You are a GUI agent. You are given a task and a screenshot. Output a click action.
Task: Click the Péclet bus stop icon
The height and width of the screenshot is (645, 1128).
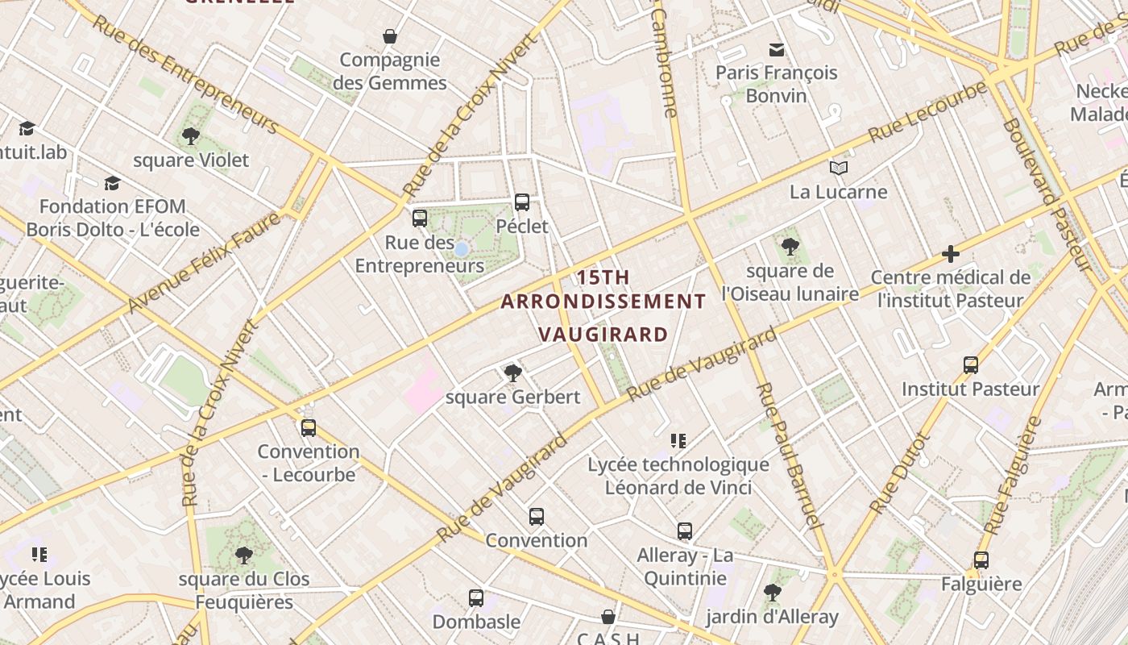(x=522, y=202)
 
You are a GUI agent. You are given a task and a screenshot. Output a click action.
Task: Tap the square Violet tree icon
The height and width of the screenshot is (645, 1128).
(x=191, y=136)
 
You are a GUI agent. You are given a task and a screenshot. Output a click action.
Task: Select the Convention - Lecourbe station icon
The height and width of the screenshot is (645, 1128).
(x=308, y=427)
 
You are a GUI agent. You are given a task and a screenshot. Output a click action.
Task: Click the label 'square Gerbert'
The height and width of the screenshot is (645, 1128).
(x=512, y=397)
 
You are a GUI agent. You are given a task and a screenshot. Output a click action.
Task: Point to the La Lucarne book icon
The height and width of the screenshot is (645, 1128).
(x=839, y=168)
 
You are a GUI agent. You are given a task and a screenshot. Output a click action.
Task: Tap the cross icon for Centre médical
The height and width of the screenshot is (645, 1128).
(x=951, y=254)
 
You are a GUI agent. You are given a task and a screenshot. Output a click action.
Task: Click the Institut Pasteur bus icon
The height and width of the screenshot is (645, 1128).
(x=971, y=364)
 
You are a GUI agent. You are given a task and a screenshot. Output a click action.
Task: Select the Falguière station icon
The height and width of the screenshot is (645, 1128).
(x=981, y=560)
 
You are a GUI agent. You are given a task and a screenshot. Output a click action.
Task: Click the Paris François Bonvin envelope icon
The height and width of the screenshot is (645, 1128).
(x=777, y=49)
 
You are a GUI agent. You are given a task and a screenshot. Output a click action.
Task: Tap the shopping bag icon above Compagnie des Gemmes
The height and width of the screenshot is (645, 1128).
(x=390, y=36)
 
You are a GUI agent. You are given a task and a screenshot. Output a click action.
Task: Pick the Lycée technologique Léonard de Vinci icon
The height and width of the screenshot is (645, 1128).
(x=678, y=441)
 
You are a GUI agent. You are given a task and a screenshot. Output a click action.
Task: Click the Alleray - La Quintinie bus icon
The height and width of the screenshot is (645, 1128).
(x=685, y=531)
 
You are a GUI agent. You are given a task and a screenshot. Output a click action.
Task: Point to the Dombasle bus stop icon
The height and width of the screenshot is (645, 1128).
(x=476, y=598)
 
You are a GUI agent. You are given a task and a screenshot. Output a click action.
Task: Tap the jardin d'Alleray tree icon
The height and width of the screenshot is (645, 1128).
(x=772, y=593)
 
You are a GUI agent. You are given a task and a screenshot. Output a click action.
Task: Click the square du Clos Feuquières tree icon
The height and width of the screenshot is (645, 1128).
(x=243, y=555)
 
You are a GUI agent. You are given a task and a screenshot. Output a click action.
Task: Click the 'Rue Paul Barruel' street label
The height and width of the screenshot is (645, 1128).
(x=789, y=456)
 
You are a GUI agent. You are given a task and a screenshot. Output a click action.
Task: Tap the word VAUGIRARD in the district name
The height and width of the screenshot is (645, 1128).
(x=603, y=334)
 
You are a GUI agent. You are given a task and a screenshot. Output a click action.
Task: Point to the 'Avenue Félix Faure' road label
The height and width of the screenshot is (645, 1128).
(x=205, y=263)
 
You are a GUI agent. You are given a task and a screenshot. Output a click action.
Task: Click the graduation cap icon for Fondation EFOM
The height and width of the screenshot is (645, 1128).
(x=112, y=183)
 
